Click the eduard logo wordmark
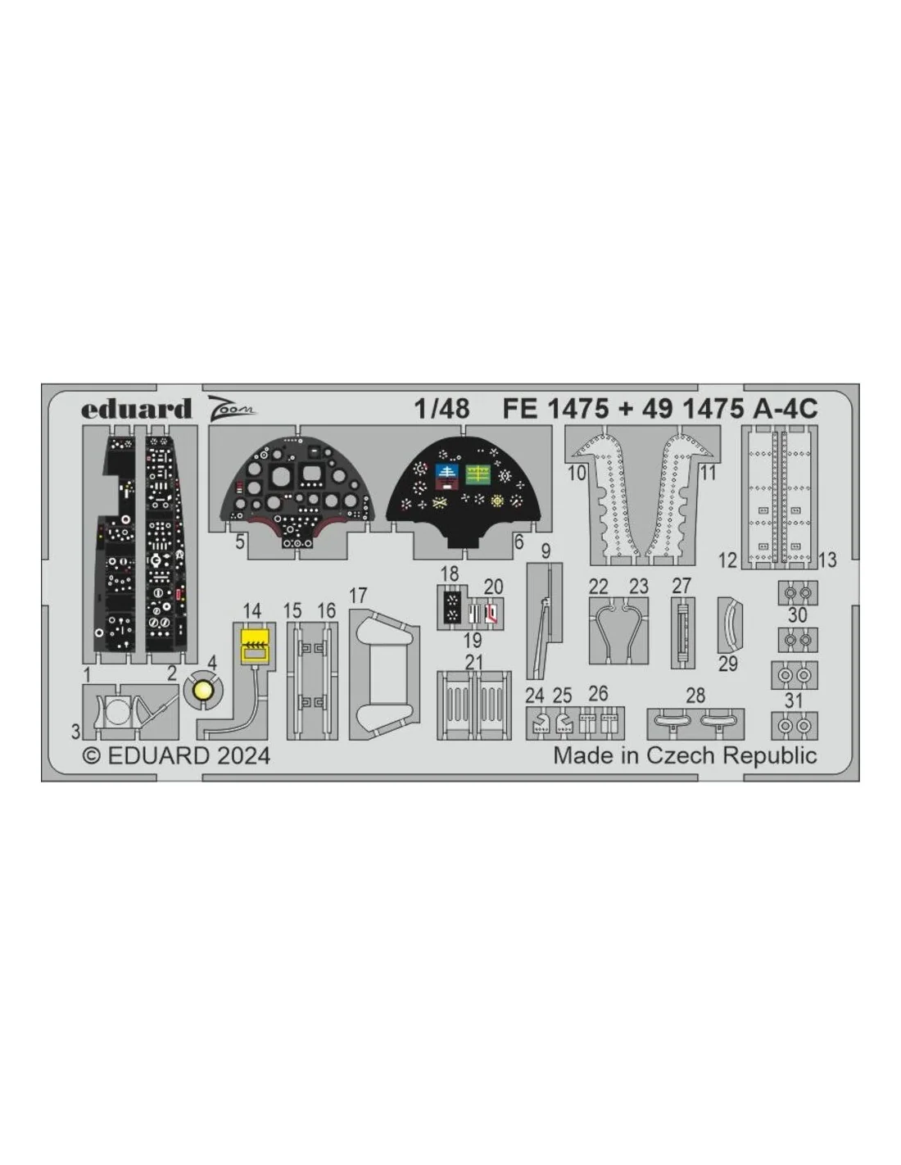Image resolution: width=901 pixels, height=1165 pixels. (x=136, y=409)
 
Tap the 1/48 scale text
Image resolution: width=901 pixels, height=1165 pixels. (x=441, y=409)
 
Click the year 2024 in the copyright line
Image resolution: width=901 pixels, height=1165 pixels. (x=244, y=756)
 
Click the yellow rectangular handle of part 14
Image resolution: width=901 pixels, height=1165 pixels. (x=255, y=646)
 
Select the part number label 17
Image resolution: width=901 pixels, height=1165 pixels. (x=357, y=596)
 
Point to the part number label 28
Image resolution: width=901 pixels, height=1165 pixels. (x=695, y=696)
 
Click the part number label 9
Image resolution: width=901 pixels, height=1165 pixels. (x=546, y=551)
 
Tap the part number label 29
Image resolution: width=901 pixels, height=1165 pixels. (x=728, y=664)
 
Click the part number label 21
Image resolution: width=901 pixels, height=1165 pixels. (x=473, y=663)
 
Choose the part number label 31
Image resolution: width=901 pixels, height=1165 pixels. (x=793, y=700)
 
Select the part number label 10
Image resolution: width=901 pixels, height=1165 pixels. (x=577, y=474)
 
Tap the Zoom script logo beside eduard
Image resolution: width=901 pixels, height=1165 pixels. (x=231, y=406)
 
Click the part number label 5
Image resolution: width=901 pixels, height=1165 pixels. (x=240, y=542)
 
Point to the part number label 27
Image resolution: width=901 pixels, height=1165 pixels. (x=681, y=586)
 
